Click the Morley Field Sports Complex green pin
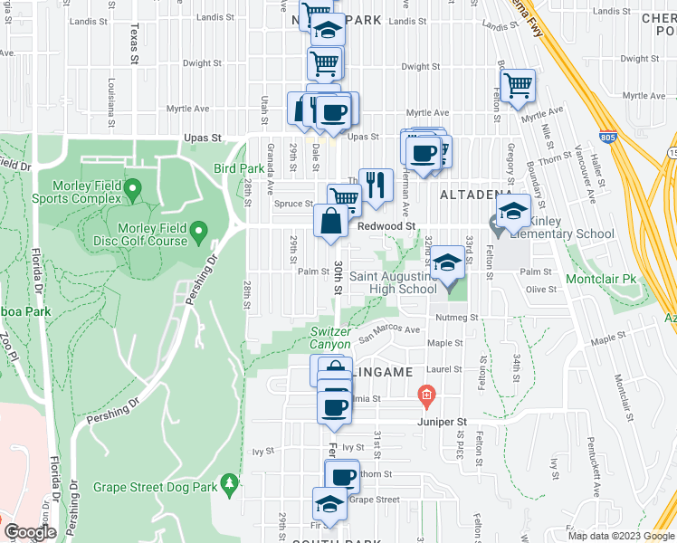[x=133, y=190]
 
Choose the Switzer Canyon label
[x=330, y=338]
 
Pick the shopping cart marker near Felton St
[x=518, y=87]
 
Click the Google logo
[x=31, y=532]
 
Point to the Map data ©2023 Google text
[x=620, y=536]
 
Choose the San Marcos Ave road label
[x=389, y=333]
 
